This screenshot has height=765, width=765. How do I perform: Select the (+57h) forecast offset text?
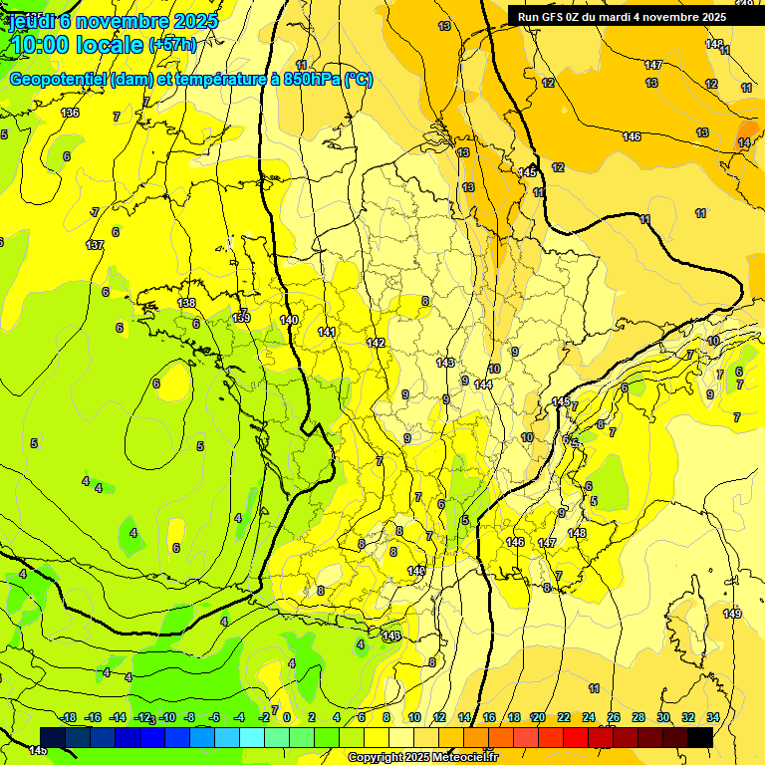tap(172, 45)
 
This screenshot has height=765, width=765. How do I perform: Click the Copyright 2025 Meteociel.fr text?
tap(423, 758)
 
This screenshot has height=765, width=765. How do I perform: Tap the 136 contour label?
tap(70, 113)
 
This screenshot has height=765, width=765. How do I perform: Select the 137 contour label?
tap(95, 245)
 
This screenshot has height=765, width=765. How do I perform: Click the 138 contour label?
tap(186, 303)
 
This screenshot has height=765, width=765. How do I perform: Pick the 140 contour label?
tap(289, 320)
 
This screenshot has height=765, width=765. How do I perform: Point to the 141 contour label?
tap(327, 332)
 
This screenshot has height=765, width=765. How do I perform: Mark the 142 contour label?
tap(376, 343)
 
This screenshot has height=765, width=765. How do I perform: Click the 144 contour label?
tap(483, 384)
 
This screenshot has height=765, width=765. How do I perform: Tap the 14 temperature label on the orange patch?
tap(744, 143)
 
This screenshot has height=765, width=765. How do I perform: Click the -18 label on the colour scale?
tap(69, 717)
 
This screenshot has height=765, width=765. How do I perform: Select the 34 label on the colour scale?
tap(713, 717)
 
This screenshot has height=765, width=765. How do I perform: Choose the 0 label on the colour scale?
tap(287, 717)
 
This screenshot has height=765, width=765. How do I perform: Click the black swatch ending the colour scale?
tap(700, 737)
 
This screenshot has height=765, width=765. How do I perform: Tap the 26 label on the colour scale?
tap(614, 717)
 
